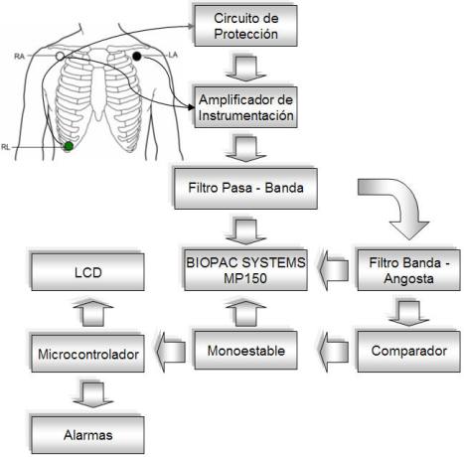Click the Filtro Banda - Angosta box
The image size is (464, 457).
click(x=407, y=268)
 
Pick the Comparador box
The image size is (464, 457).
click(x=407, y=350)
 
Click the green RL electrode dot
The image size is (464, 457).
click(x=68, y=147)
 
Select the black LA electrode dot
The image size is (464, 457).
click(x=136, y=56)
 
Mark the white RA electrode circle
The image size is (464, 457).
click(x=61, y=57)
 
